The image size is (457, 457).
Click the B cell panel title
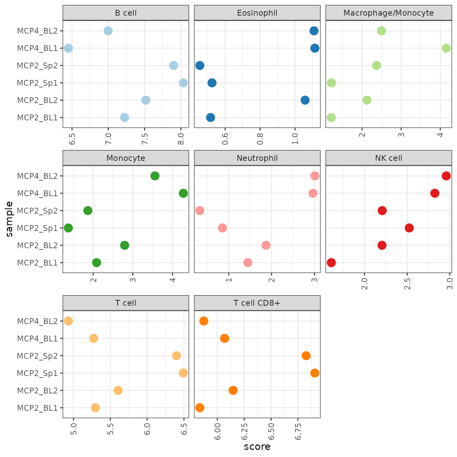126,13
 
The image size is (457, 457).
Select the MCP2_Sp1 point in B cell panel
183,83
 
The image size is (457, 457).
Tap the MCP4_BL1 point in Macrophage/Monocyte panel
446,48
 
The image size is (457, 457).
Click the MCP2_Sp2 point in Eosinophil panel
200,65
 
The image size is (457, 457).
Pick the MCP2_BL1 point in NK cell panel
331,263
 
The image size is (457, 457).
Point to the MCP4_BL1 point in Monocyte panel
183,193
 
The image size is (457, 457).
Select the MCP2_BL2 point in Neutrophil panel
266,245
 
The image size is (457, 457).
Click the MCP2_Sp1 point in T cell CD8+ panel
315,373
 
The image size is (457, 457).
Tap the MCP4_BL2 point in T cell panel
68,321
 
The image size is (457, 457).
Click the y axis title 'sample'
9,219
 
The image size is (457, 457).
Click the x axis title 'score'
257,447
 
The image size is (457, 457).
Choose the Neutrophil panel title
257,158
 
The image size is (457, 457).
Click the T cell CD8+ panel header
257,303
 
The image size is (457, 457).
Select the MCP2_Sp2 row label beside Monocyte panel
37,210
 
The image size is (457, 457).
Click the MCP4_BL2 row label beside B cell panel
37,31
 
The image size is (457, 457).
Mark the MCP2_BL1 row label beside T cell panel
37,408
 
